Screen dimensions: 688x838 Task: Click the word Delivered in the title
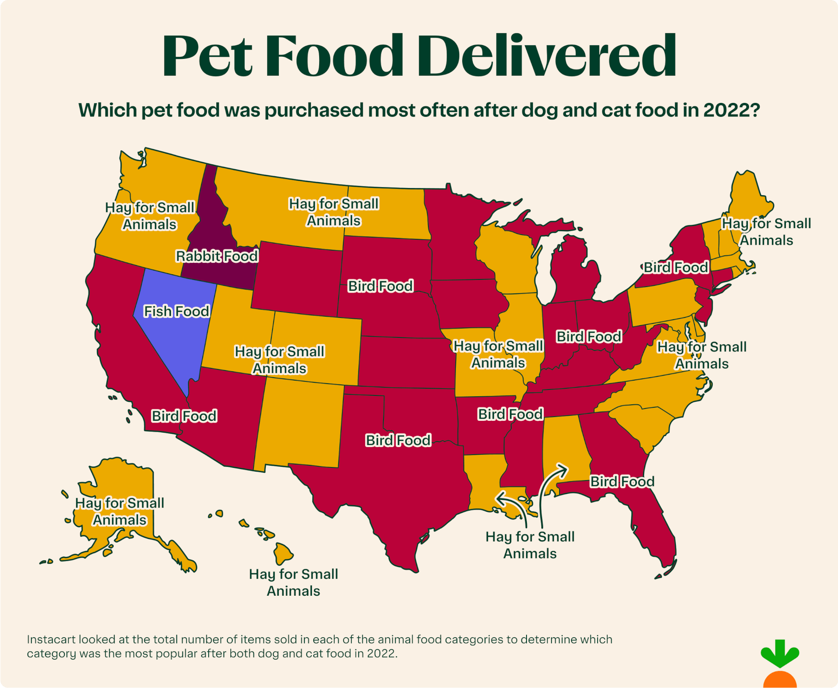click(x=549, y=56)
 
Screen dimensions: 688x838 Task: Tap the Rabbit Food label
click(x=217, y=256)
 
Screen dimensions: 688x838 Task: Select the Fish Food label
click(x=176, y=311)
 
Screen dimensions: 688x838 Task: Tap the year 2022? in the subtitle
click(x=731, y=111)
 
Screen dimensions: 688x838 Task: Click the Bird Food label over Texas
click(x=398, y=440)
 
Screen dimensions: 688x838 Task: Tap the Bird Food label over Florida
click(x=622, y=481)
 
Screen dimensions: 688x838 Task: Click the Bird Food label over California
click(x=184, y=416)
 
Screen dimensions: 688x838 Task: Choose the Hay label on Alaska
click(x=120, y=511)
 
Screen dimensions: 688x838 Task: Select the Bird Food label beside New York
click(x=675, y=267)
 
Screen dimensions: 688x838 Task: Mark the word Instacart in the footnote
click(x=51, y=639)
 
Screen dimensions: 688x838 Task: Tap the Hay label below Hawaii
click(x=293, y=582)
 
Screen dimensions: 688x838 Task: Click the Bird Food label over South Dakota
click(x=380, y=286)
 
